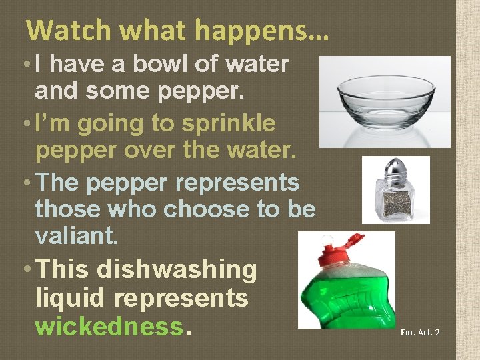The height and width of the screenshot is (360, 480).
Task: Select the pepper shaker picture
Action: point(396,189)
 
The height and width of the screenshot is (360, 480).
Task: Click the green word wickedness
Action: point(108,326)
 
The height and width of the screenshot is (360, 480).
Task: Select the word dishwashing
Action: point(176,269)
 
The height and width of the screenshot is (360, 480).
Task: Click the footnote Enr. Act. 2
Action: point(420,332)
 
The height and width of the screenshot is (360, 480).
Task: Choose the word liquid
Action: point(73,298)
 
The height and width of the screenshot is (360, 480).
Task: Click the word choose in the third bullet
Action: point(205,209)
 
